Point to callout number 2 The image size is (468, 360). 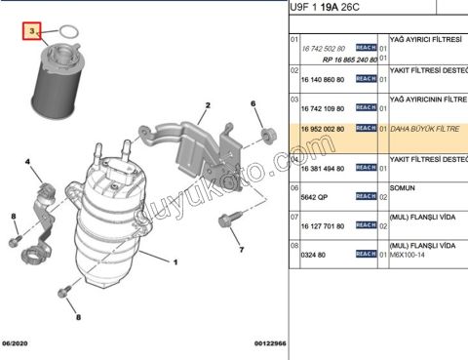coord(208,104)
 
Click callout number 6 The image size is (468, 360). coord(253,103)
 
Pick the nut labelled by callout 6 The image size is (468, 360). coord(265,131)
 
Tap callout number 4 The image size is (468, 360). coord(28,161)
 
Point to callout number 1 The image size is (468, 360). coord(175,262)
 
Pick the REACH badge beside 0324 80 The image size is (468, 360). coord(367,253)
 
